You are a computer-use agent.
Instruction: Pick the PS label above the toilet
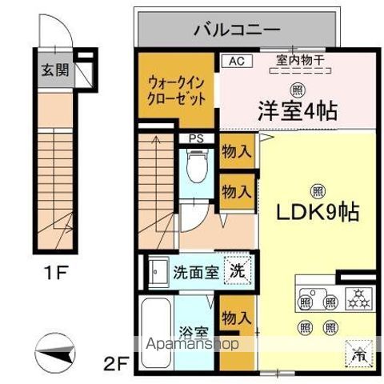[x=195, y=138]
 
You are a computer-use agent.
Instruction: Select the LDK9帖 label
[x=318, y=214]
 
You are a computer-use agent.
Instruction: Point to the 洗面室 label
[x=195, y=270]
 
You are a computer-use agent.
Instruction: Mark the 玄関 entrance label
[x=55, y=70]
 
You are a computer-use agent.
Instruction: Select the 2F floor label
[x=117, y=365]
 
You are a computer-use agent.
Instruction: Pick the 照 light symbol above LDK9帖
[x=317, y=190]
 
